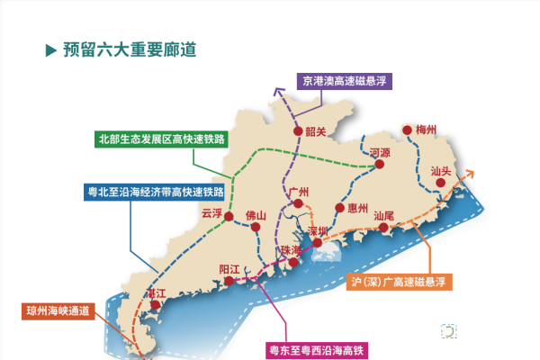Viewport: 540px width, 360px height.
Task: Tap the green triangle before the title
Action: (x=51, y=49)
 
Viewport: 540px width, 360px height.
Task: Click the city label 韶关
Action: (x=314, y=131)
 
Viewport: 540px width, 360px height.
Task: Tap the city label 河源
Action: (x=380, y=154)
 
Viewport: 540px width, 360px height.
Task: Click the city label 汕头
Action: (x=442, y=171)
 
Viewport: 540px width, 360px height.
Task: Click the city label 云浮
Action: (x=211, y=214)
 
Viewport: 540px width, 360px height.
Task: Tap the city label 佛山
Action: (x=256, y=216)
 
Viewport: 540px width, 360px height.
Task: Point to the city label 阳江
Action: (x=230, y=268)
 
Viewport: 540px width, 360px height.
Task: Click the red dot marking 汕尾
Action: (x=384, y=228)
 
